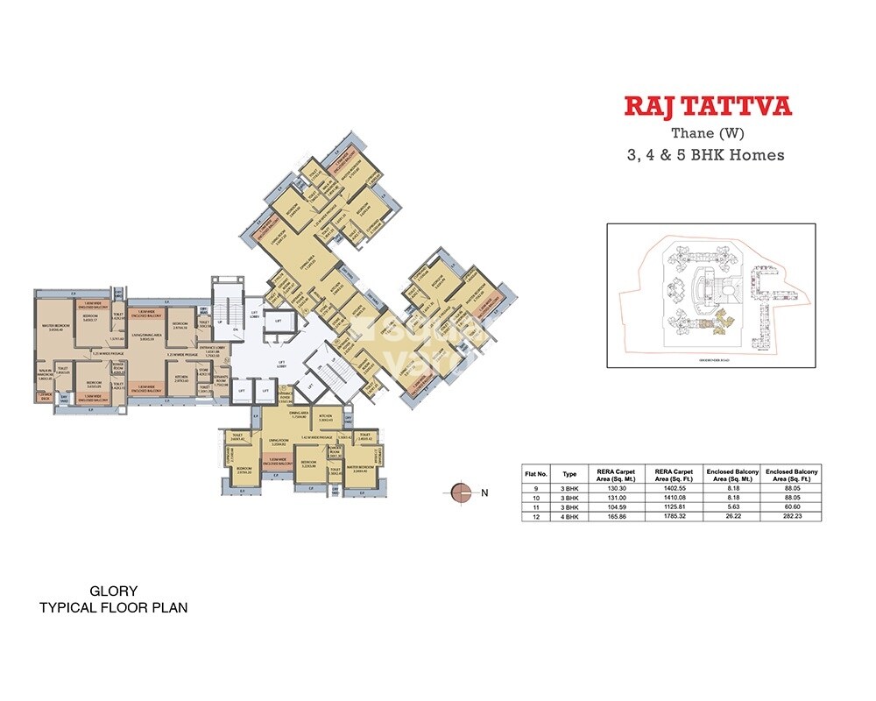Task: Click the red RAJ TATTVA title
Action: (707, 107)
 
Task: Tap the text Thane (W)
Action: (707, 134)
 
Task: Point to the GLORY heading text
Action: (114, 591)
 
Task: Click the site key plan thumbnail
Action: (710, 295)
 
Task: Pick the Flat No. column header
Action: (535, 473)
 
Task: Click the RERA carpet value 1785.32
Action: (673, 516)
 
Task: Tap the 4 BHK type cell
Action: (570, 516)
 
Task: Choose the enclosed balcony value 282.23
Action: (792, 516)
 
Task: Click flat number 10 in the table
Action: (535, 498)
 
